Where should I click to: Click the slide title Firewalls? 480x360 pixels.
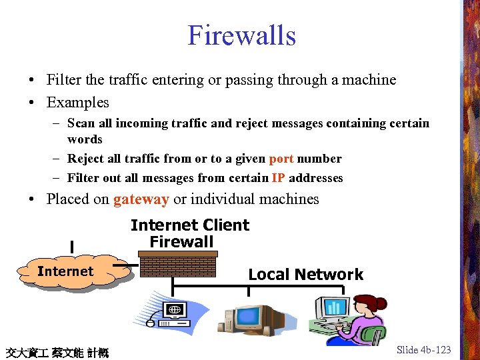pyautogui.click(x=241, y=35)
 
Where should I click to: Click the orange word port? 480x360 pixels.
pyautogui.click(x=281, y=159)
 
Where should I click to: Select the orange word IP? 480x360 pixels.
pyautogui.click(x=279, y=178)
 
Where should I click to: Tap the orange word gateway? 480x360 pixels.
pyautogui.click(x=141, y=199)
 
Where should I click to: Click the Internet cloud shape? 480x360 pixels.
pyautogui.click(x=65, y=271)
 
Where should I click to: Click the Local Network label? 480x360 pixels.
pyautogui.click(x=305, y=275)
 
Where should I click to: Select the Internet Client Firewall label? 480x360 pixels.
pyautogui.click(x=189, y=233)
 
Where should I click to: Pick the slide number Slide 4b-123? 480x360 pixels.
pyautogui.click(x=423, y=349)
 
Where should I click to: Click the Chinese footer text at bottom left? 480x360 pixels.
pyautogui.click(x=57, y=351)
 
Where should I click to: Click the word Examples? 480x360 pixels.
pyautogui.click(x=77, y=103)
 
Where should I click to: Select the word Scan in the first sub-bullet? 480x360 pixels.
pyautogui.click(x=81, y=123)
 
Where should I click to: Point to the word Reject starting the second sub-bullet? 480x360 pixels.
pyautogui.click(x=85, y=159)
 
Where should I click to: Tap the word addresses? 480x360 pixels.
pyautogui.click(x=317, y=178)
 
